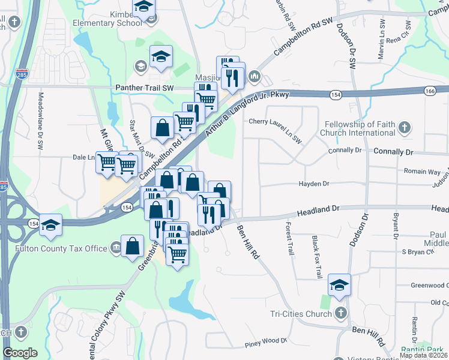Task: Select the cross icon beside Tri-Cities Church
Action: pos(340,313)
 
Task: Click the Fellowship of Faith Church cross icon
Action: pos(405,127)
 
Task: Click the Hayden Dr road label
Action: pos(314,184)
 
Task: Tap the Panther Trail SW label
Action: pos(143,88)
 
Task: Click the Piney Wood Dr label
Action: pos(266,342)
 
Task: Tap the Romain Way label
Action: pos(421,172)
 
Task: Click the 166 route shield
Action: pos(429,91)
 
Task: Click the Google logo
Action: pos(20,353)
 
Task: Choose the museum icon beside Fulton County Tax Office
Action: pos(115,248)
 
